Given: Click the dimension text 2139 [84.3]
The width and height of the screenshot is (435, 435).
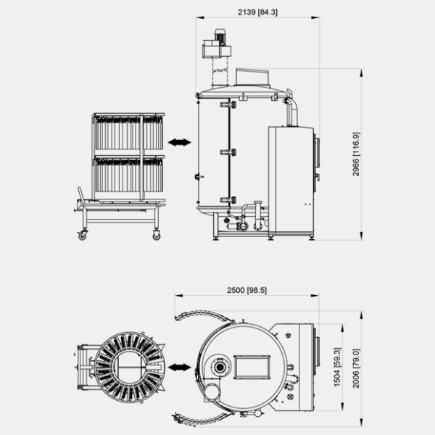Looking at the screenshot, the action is pyautogui.click(x=257, y=12).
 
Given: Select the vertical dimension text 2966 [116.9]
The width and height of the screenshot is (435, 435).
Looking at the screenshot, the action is pyautogui.click(x=356, y=154).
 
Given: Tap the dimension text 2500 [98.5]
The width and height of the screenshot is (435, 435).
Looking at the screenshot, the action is pyautogui.click(x=247, y=290).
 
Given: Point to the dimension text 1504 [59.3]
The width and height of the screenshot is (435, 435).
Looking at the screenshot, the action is pyautogui.click(x=337, y=367).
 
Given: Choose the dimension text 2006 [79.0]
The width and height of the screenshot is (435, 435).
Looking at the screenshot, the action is pyautogui.click(x=356, y=368).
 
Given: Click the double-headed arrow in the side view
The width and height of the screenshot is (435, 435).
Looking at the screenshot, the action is pyautogui.click(x=180, y=143).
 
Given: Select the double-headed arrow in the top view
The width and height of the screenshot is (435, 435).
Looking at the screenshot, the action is pyautogui.click(x=180, y=368).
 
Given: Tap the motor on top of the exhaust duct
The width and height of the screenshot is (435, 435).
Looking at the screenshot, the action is pyautogui.click(x=220, y=36).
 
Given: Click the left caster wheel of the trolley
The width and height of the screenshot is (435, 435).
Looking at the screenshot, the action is pyautogui.click(x=82, y=236).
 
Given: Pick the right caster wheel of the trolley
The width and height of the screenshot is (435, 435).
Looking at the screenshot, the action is pyautogui.click(x=157, y=236).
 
